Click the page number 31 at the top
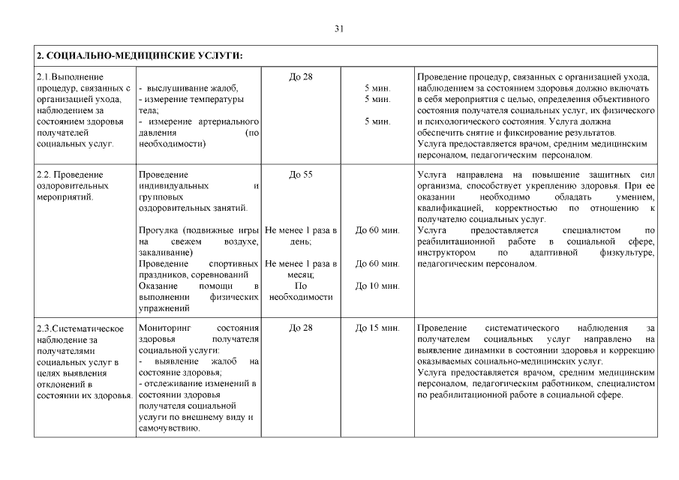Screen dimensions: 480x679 [x=338, y=28]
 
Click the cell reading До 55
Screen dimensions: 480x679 [x=300, y=175]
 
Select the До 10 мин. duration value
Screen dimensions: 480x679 [x=377, y=286]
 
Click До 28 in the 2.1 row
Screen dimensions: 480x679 [x=300, y=77]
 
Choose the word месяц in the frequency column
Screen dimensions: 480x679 [x=299, y=275]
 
